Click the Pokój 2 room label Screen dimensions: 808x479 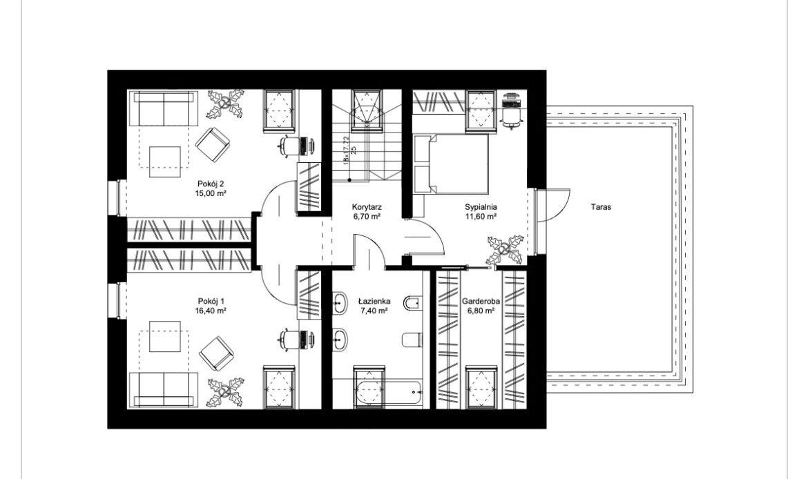point(211,184)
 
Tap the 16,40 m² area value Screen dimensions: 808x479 point(211,311)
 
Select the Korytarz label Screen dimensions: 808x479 point(367,207)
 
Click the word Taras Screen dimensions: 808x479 point(601,207)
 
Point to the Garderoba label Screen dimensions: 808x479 point(481,302)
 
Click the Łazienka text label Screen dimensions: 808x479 point(374,302)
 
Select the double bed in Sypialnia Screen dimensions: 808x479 point(451,164)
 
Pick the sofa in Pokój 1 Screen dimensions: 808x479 point(164,390)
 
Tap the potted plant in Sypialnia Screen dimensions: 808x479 point(506,251)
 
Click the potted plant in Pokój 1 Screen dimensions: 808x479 point(226,393)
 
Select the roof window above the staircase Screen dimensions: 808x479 point(367,110)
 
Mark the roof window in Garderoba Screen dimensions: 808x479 point(481,387)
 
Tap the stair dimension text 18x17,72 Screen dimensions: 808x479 point(346,149)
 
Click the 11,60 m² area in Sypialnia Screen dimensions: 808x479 point(481,217)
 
